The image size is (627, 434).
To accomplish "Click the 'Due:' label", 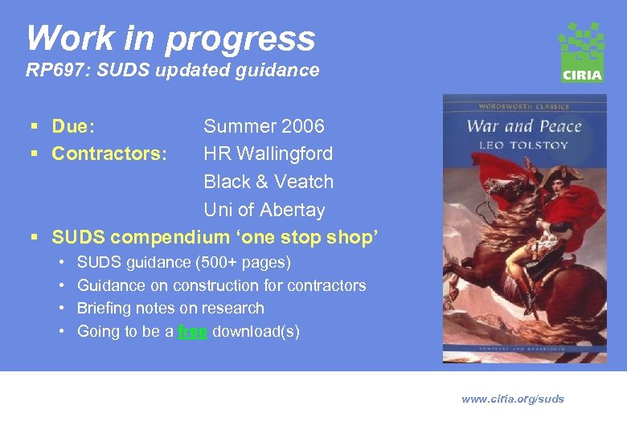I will click(x=73, y=126).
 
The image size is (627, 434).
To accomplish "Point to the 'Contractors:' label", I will click(x=109, y=154).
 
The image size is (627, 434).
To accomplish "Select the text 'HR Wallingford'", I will click(x=268, y=154).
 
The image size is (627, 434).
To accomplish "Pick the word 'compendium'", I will click(x=170, y=237).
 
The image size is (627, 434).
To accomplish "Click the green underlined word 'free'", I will click(x=192, y=331).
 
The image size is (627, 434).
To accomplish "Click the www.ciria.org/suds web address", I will click(x=513, y=399).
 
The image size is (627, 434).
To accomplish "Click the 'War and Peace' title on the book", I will click(x=524, y=126).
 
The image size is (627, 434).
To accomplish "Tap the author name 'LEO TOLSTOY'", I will click(x=523, y=145).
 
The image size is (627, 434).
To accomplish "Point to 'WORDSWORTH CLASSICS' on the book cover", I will click(x=524, y=106).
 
